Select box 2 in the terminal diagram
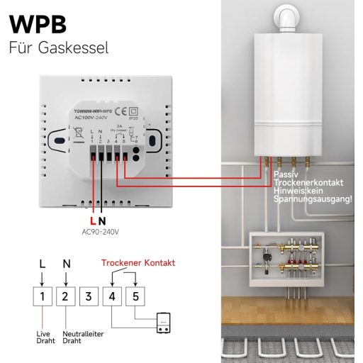pyautogui.click(x=65, y=295)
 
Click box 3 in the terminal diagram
pyautogui.click(x=88, y=295)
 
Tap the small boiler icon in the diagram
pyautogui.click(x=164, y=324)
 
